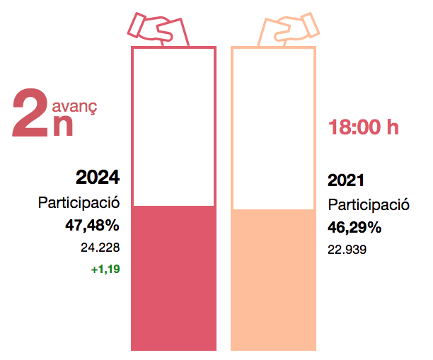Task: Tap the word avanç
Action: pyautogui.click(x=74, y=107)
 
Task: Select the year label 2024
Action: pyautogui.click(x=98, y=177)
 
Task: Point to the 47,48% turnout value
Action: pyautogui.click(x=92, y=226)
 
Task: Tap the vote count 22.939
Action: pyautogui.click(x=347, y=250)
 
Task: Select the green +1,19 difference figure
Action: pyautogui.click(x=105, y=269)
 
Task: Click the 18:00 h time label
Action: pyautogui.click(x=363, y=128)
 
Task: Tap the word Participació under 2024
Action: pyautogui.click(x=79, y=203)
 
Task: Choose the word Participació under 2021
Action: pyautogui.click(x=369, y=205)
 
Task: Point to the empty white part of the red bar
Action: pyautogui.click(x=173, y=127)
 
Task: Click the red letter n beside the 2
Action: pyautogui.click(x=64, y=125)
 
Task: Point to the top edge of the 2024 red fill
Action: pyautogui.click(x=173, y=206)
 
